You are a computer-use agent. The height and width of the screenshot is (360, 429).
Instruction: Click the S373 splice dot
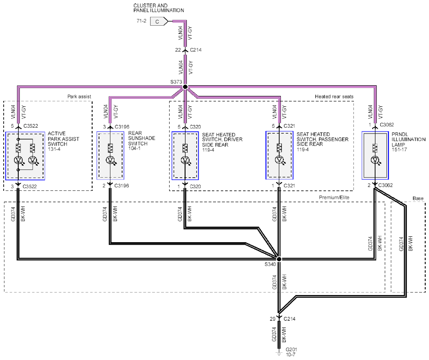coord(185,87)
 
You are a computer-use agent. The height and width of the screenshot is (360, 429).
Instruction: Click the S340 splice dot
coord(279,259)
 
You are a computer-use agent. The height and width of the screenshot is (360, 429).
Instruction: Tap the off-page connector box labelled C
coord(159,21)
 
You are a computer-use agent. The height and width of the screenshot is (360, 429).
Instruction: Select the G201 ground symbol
coord(279,353)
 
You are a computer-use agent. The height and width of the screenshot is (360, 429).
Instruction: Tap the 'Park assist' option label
coord(79,97)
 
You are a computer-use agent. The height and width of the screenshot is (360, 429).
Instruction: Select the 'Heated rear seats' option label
coord(334,97)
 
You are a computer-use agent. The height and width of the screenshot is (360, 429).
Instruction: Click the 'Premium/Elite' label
coord(334,197)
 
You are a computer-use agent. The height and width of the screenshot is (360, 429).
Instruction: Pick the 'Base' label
coord(418,198)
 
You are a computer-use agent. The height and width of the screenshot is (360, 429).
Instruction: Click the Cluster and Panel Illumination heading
coord(159,8)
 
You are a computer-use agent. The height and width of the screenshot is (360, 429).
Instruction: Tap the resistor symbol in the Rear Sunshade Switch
coord(110,148)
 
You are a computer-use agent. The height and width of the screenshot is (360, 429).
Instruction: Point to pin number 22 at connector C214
coord(178,50)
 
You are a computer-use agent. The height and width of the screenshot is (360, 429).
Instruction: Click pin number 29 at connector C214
coord(272,319)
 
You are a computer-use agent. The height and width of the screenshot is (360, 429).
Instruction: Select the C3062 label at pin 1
coord(387,125)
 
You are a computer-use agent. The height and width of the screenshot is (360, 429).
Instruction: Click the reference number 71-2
coord(142,21)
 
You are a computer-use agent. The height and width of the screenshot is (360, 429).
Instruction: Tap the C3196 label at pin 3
coord(122,127)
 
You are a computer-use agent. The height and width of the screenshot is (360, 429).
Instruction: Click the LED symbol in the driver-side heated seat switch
coord(185,160)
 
